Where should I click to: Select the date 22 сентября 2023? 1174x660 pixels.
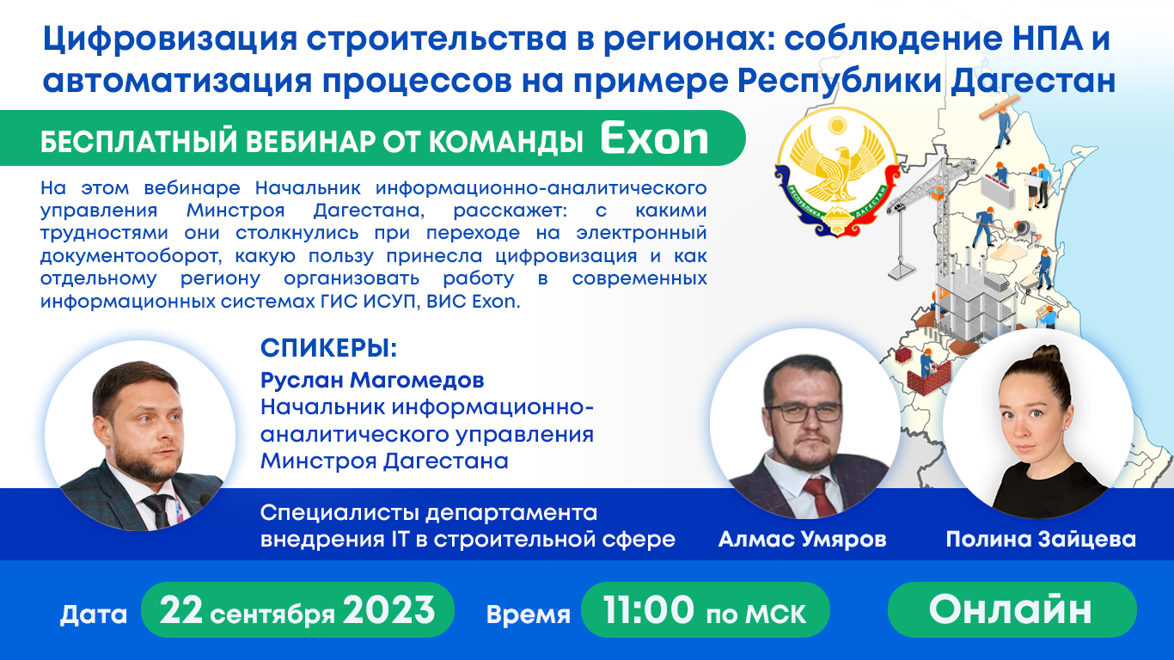pos(297,610)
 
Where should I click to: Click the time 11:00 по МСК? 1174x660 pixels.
pos(705,611)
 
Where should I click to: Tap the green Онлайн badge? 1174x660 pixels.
pos(1011,610)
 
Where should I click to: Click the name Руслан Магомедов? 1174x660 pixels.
pos(372,380)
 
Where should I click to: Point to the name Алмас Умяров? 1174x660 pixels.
pos(802,540)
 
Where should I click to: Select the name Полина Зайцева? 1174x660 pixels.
pos(1040,540)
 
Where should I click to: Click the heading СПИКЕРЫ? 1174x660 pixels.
pos(329,350)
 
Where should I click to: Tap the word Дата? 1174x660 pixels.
pos(94,614)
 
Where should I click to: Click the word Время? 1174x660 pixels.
pos(529,614)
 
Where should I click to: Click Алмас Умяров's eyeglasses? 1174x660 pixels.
pos(805,412)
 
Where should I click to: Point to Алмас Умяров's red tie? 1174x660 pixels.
pos(814,498)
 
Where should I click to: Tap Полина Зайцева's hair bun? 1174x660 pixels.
pos(1045,353)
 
